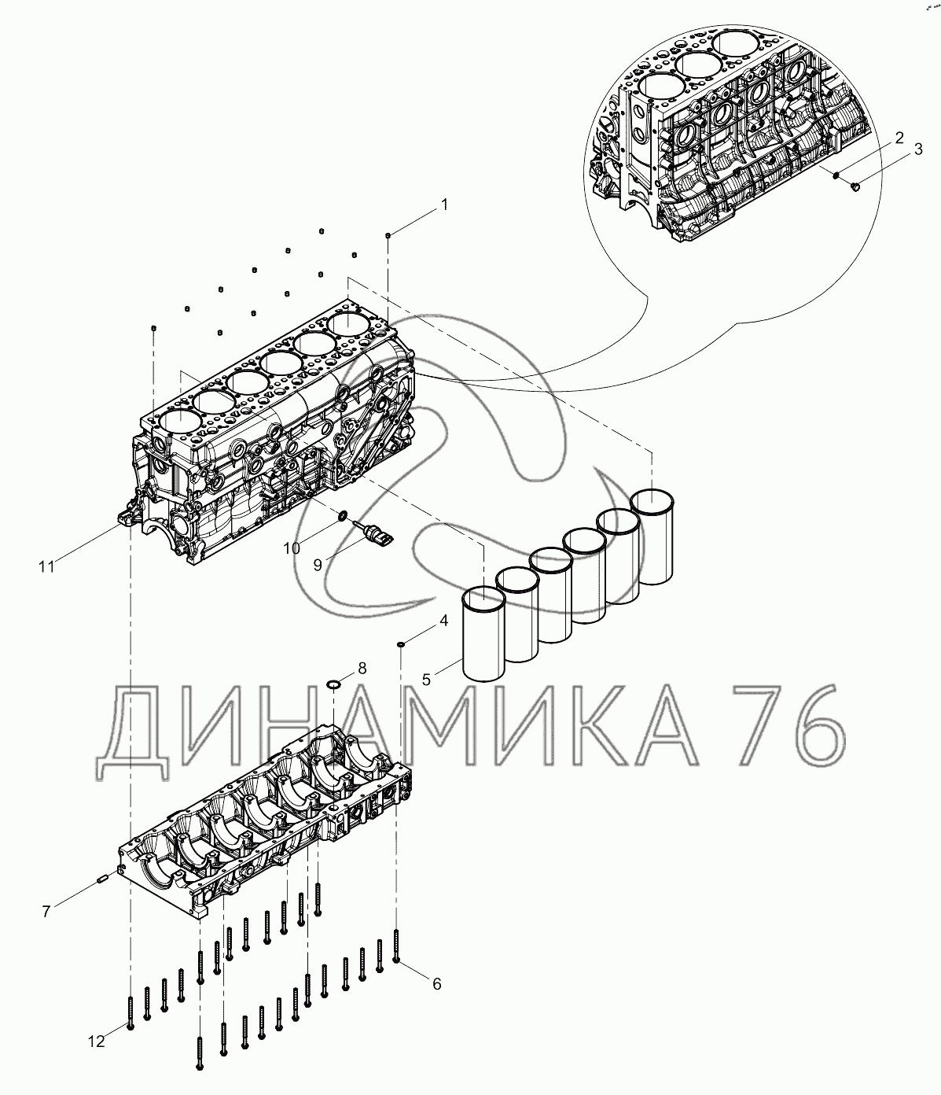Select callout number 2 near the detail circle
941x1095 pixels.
(898, 139)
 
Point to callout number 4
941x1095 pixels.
(443, 620)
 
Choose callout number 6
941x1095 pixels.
(436, 983)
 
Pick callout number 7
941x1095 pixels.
(46, 912)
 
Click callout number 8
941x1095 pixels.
(362, 669)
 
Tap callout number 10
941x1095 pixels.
(292, 547)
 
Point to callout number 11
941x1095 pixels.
(46, 565)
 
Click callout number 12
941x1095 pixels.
(96, 1042)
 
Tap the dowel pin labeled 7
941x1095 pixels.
(102, 879)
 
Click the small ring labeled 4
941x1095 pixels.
(401, 645)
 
